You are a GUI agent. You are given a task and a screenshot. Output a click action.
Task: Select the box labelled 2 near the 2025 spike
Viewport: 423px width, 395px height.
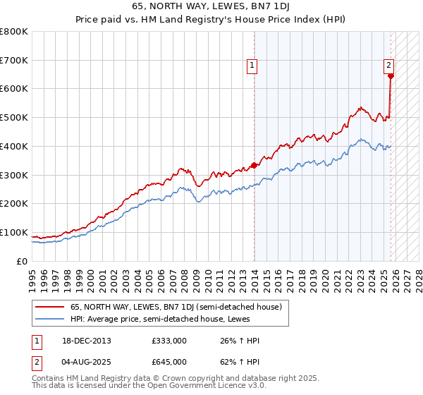click(x=388, y=66)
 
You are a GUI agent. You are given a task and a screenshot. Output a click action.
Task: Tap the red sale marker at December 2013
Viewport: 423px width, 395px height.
click(x=255, y=166)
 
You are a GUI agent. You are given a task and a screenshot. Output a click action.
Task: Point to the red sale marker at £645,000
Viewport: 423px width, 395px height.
click(x=391, y=75)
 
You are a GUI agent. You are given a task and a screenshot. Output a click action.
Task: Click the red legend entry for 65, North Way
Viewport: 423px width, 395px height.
click(x=176, y=307)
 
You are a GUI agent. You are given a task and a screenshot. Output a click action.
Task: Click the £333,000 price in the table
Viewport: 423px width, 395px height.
click(x=169, y=341)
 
